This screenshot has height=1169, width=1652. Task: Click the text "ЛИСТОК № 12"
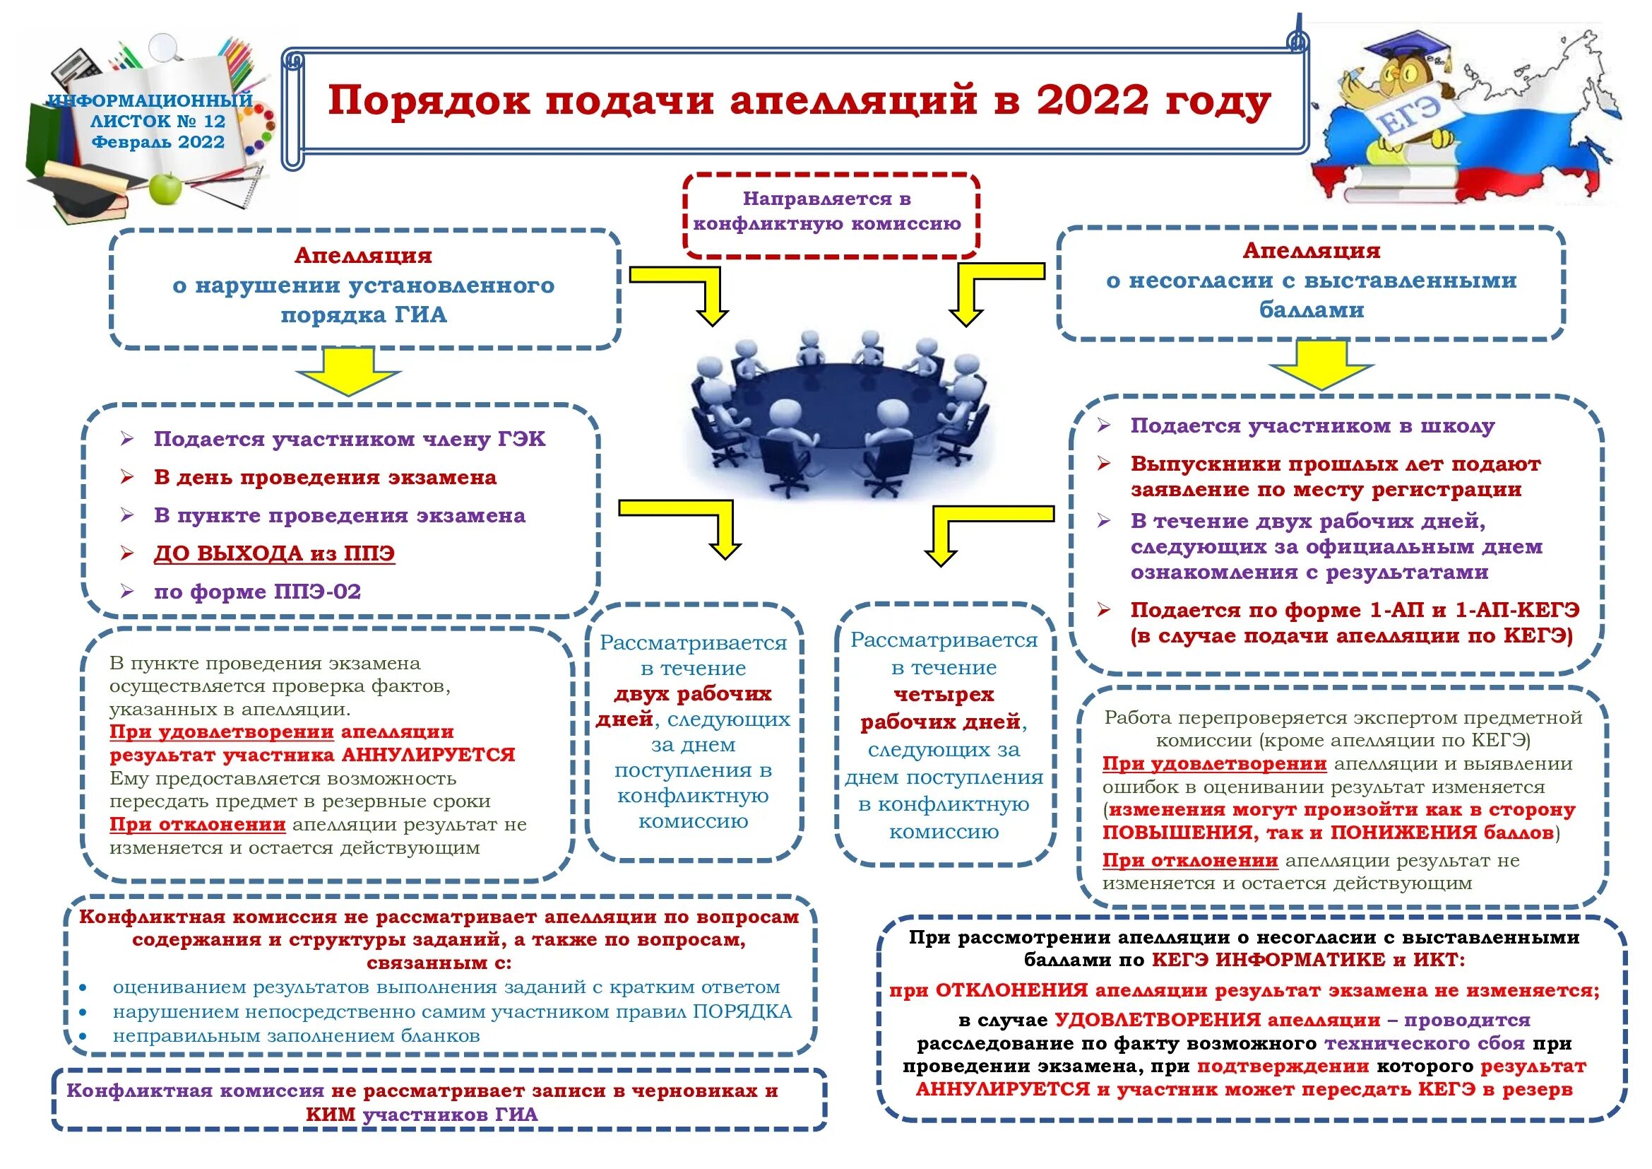[158, 121]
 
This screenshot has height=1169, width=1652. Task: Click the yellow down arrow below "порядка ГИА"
[348, 372]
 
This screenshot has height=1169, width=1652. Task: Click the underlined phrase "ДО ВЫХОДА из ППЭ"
[274, 553]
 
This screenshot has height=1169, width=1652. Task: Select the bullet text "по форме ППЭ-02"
[257, 592]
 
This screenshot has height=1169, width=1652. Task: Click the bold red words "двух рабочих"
[692, 694]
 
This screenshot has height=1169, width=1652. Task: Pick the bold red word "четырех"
[944, 695]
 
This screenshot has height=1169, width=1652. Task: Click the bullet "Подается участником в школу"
[1312, 425]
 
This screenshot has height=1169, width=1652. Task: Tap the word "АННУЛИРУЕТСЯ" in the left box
[428, 755]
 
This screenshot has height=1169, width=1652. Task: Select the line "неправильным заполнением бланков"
[296, 1036]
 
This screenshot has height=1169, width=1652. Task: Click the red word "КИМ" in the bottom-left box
[331, 1115]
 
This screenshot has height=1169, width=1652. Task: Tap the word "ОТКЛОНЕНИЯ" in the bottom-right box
[1011, 990]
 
